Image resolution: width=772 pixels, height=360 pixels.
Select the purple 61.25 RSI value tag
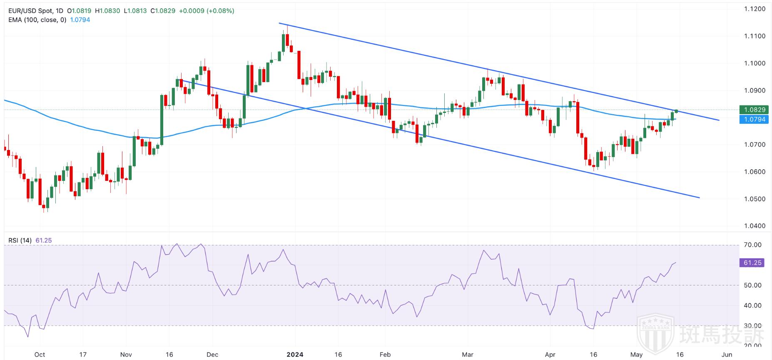752,263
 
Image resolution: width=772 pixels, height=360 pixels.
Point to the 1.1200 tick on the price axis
755,9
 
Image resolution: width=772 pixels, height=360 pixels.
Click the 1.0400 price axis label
755,226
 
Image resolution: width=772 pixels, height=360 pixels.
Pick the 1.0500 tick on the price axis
755,199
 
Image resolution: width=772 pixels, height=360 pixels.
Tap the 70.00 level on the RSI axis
752,245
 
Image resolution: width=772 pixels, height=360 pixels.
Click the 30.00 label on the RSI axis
752,326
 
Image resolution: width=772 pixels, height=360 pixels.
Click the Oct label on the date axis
40,355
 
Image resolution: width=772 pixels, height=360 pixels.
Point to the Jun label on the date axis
726,355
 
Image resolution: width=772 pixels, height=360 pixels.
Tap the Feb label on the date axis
385,355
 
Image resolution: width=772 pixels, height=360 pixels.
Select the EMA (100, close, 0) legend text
37,20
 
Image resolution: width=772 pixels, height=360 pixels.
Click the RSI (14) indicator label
20,240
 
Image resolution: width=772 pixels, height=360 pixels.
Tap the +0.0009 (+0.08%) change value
207,11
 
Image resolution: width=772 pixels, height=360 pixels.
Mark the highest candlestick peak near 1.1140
287,26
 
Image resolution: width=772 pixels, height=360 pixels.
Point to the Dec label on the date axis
212,355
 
